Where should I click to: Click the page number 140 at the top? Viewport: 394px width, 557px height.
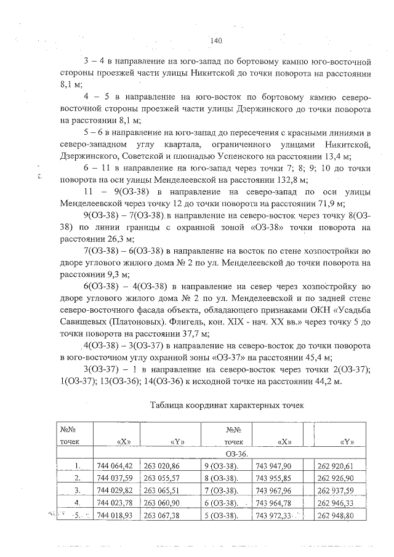[x=215, y=40]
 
